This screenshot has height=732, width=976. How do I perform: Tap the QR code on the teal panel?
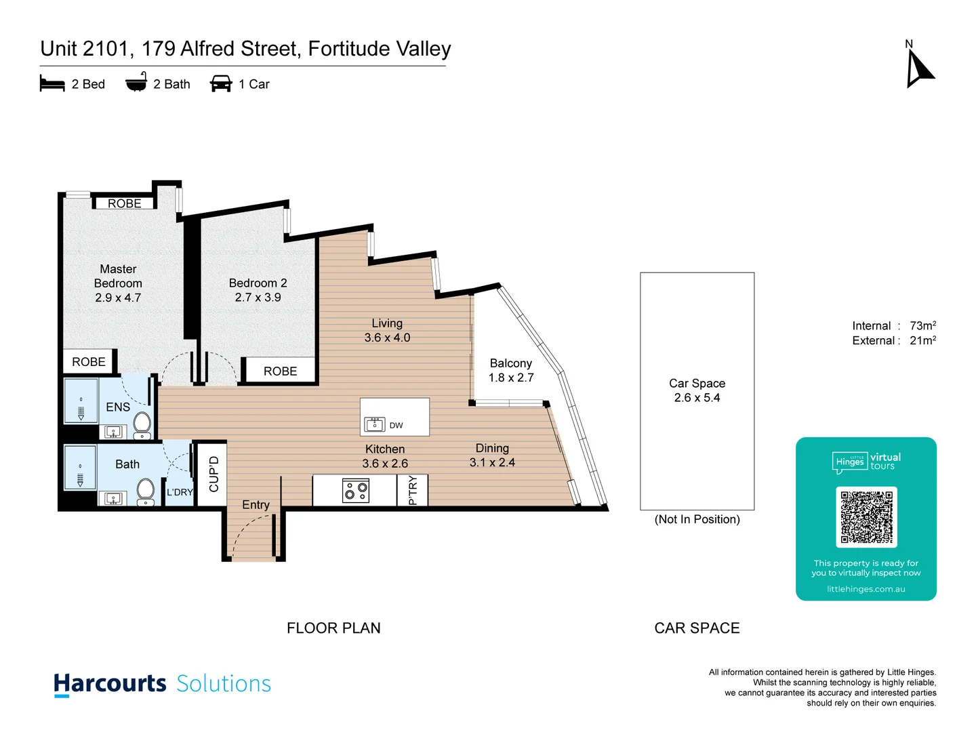coord(866,516)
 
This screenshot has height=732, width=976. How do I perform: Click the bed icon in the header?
coord(52,84)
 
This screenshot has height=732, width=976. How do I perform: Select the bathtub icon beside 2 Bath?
coord(136,83)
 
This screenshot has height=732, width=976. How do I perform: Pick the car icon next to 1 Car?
coord(221,84)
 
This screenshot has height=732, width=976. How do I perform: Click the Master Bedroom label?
coord(118,277)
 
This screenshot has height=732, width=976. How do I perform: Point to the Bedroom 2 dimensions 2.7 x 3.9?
coord(258,298)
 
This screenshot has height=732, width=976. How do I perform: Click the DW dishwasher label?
coord(396,426)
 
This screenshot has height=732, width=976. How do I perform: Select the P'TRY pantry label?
coord(413,490)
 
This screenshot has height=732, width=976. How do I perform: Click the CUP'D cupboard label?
coord(214,474)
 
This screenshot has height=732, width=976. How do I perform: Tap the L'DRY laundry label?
coord(180,492)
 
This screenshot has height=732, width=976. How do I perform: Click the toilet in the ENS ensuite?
coord(142,424)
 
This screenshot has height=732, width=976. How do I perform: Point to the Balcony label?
coord(510,363)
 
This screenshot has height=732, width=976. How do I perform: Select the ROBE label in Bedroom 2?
coord(280,371)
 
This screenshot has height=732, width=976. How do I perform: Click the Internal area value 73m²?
coord(922,326)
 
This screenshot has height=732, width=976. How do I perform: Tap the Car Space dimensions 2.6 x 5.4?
coord(697,398)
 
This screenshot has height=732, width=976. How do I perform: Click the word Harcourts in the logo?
coord(110,683)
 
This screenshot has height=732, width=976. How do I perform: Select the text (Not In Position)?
coord(697,519)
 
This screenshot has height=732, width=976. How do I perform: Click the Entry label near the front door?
coord(256,505)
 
